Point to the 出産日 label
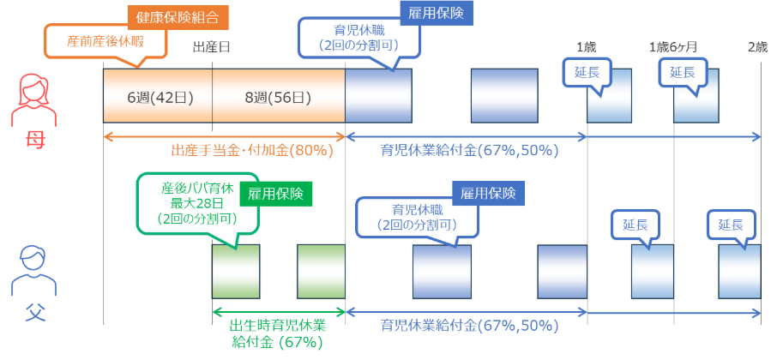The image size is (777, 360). coord(211,46)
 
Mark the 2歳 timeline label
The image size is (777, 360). coord(756,46)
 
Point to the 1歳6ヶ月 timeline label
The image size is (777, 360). coord(673,46)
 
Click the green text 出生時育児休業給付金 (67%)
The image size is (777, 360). coord(276,333)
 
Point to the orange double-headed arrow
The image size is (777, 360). coord(223,136)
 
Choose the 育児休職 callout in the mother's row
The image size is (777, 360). coord(358,39)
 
